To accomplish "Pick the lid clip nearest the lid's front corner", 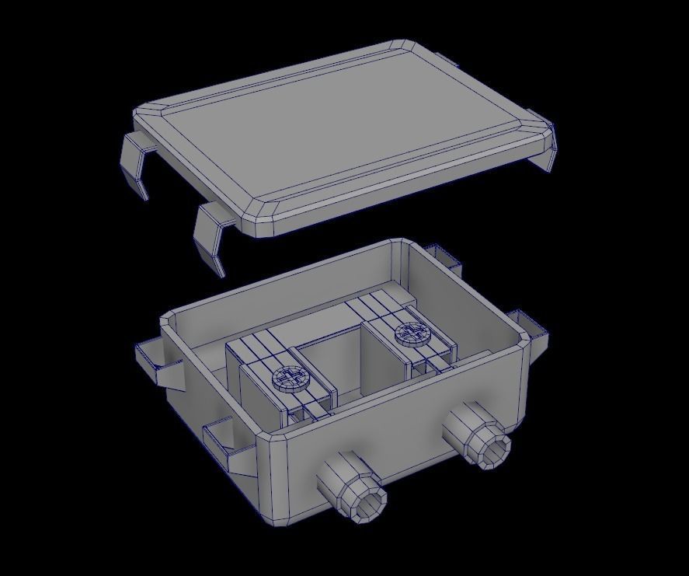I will [x=211, y=237].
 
